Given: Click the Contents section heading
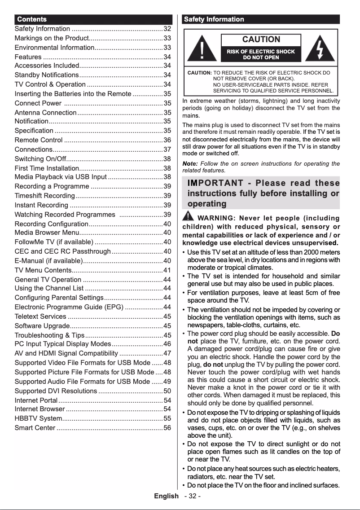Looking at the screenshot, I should click(31, 19).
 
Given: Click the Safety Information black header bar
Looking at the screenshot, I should click(261, 19).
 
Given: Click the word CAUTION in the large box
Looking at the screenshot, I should click(261, 40).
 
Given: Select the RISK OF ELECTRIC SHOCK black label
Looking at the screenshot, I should click(261, 54).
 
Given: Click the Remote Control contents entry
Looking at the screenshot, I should click(39, 140).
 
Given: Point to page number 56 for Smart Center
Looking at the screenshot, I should click(167, 428).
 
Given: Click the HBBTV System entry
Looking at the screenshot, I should click(38, 418).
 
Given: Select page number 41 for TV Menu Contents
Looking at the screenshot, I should click(167, 270).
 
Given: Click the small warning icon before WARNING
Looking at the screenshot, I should click(188, 217).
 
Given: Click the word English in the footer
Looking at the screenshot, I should click(166, 496).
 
